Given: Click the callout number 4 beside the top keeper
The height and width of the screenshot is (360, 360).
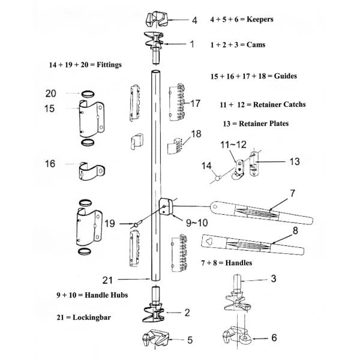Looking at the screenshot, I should (194, 20).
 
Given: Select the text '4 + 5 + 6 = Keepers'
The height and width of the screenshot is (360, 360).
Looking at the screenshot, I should (242, 19).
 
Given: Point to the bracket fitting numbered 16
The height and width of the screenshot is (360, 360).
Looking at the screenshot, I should (89, 170).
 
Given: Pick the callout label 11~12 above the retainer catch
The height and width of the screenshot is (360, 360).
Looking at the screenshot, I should (233, 145).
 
